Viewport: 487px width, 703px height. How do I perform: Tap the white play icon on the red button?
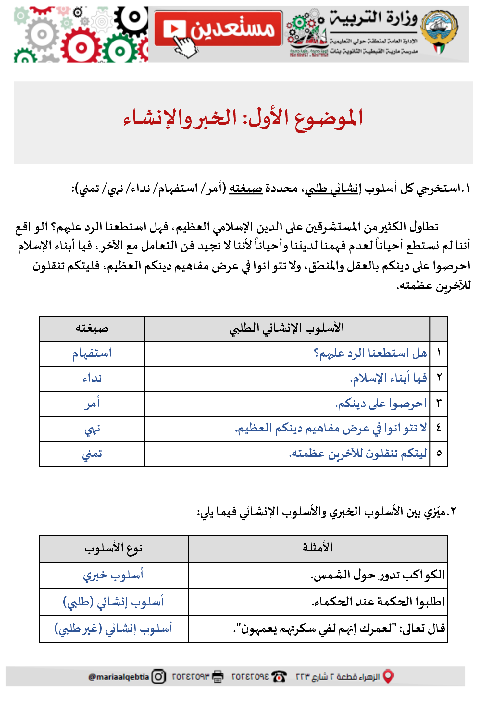click(174, 29)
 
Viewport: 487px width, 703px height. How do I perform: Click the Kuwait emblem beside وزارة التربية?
click(439, 31)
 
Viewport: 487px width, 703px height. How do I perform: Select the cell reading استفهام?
click(92, 353)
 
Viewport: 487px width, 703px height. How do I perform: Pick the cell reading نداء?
click(92, 378)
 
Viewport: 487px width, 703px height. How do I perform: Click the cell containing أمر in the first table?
click(92, 403)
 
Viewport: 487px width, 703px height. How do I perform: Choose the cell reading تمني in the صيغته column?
click(92, 454)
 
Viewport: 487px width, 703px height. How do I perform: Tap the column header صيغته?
click(92, 328)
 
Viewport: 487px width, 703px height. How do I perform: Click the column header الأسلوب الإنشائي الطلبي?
click(287, 328)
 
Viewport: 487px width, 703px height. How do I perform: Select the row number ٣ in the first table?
click(439, 403)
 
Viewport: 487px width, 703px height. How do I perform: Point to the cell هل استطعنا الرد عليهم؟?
click(370, 353)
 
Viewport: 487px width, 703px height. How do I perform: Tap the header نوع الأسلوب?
click(114, 548)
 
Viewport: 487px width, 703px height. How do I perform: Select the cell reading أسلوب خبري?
click(113, 575)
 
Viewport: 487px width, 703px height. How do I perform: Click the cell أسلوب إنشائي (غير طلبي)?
click(113, 629)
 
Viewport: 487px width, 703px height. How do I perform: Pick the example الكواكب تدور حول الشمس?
click(378, 575)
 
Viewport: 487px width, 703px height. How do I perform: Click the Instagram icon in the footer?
click(159, 677)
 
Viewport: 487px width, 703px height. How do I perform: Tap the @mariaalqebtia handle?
click(119, 677)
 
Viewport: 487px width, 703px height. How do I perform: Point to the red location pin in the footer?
click(388, 676)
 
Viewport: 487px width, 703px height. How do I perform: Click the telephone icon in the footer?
click(279, 677)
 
